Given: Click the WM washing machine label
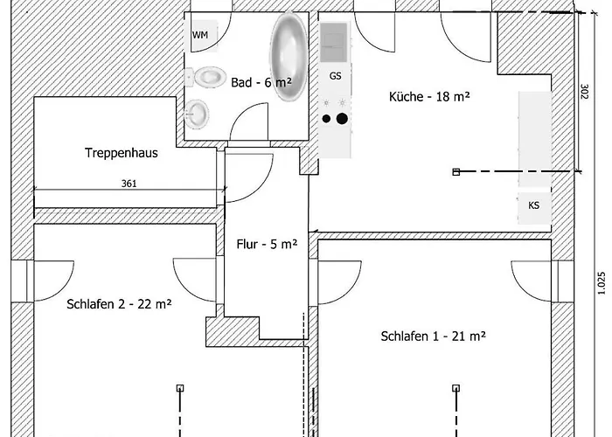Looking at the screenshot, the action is (x=200, y=35).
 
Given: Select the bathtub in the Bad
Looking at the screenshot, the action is (x=289, y=57).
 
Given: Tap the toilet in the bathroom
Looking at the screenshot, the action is (x=206, y=77).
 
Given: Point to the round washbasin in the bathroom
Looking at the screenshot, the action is (x=197, y=114).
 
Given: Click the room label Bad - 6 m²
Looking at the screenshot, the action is (x=261, y=82).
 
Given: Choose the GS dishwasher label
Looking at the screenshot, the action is (x=335, y=76).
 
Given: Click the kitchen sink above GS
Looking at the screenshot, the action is (x=334, y=43).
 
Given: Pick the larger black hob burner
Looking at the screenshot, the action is (x=342, y=119).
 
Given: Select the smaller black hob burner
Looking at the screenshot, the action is (x=326, y=119).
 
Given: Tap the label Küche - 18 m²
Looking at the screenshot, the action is (x=429, y=96).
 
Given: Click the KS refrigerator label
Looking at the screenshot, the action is (x=533, y=205).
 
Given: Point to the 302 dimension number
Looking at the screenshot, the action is (x=585, y=92).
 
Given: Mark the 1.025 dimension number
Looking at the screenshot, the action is (x=602, y=283).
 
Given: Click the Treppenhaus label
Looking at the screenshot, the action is (x=122, y=153).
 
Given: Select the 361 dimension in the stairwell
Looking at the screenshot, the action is (x=129, y=184).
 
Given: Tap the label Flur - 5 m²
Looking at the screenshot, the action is (x=267, y=244).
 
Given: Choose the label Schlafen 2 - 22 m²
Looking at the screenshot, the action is (x=119, y=304).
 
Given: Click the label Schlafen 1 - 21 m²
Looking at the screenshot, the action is (x=434, y=336).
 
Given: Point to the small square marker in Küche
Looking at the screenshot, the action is (x=456, y=171).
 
